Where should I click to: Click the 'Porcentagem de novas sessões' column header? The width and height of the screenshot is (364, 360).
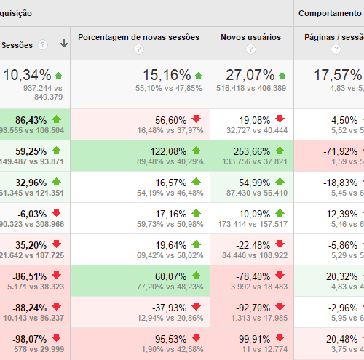139,36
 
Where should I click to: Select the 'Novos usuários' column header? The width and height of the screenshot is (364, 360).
250,36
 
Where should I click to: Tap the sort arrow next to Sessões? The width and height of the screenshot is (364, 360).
64,44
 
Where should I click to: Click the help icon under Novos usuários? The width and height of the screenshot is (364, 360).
250,49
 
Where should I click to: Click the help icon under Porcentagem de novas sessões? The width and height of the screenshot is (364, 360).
139,49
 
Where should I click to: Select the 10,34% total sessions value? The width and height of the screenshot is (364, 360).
27,75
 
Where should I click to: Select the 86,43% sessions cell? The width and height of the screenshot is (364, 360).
31,119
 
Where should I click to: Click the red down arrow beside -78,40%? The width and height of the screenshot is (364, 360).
280,276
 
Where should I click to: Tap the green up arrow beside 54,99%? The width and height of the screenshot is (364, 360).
280,182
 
